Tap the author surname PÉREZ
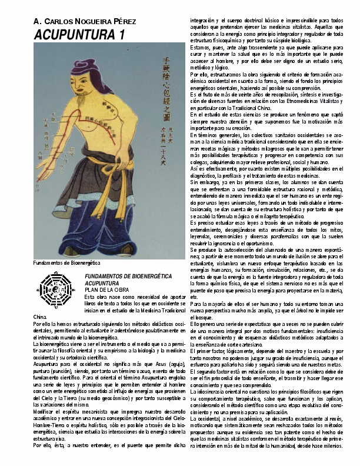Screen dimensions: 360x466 [122, 21]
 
